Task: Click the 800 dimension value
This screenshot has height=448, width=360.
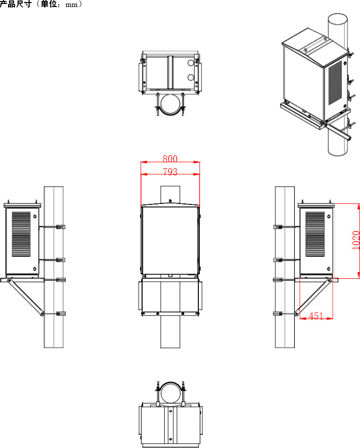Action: coord(170,158)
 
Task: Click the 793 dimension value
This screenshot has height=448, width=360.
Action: coord(170,171)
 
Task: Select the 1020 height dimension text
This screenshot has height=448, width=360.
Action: coord(355,240)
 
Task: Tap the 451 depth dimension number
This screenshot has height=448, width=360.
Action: coord(316,316)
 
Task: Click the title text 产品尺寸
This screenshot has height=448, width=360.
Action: coord(16,4)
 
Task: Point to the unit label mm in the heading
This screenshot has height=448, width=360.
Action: coord(71,5)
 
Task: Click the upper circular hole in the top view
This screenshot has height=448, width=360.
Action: coord(191,63)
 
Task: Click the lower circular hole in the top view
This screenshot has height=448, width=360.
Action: coord(191,77)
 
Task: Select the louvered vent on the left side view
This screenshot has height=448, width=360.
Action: coord(21,234)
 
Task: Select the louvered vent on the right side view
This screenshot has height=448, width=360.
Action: coord(315,234)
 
